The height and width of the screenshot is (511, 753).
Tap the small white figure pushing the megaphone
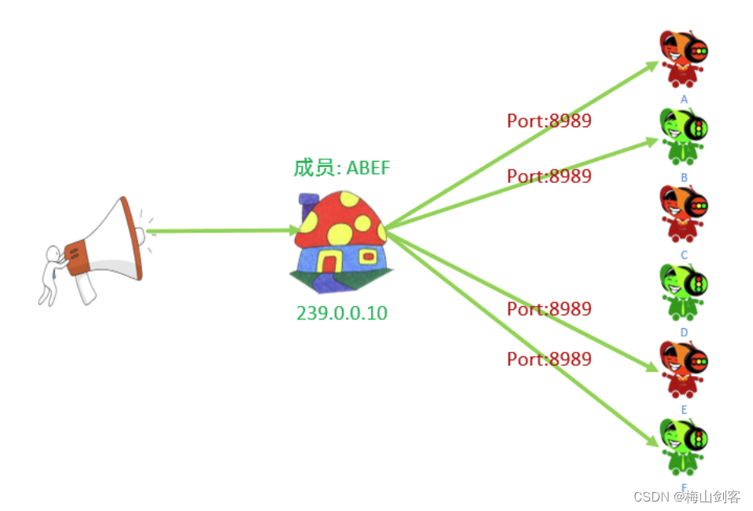(x=52, y=275)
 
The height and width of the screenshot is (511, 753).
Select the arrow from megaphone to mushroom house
(x=220, y=231)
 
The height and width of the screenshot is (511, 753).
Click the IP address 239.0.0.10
(x=342, y=312)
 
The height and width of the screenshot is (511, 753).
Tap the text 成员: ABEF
(x=341, y=167)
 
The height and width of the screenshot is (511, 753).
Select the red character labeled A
(x=683, y=59)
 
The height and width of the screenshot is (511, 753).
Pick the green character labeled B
(x=683, y=136)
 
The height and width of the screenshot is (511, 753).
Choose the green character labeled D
(x=683, y=291)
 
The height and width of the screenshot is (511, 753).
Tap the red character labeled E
(x=683, y=368)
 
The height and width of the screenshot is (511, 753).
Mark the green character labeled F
(x=683, y=446)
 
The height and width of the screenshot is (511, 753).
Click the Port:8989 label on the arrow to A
(x=549, y=120)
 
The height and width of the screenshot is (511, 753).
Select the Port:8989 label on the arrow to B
(x=549, y=176)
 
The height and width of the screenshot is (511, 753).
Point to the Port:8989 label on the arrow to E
(x=549, y=308)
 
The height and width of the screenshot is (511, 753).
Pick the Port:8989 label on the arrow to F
(x=549, y=359)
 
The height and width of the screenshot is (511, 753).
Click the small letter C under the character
(x=684, y=255)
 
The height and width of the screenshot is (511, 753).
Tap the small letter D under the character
(x=684, y=332)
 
